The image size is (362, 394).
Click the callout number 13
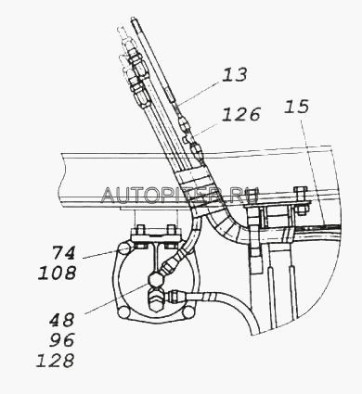pos(235,75)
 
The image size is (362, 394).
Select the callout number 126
pos(241,114)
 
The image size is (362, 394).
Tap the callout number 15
pos(296,107)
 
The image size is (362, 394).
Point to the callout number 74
pos(64,253)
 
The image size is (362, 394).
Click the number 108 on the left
pos(57,273)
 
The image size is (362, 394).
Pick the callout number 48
pos(61,320)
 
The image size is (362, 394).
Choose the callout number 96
pos(61,340)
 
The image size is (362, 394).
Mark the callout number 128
pos(56,361)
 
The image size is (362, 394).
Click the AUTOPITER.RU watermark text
pos(179,195)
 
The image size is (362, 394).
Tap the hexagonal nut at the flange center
pos(155,280)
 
